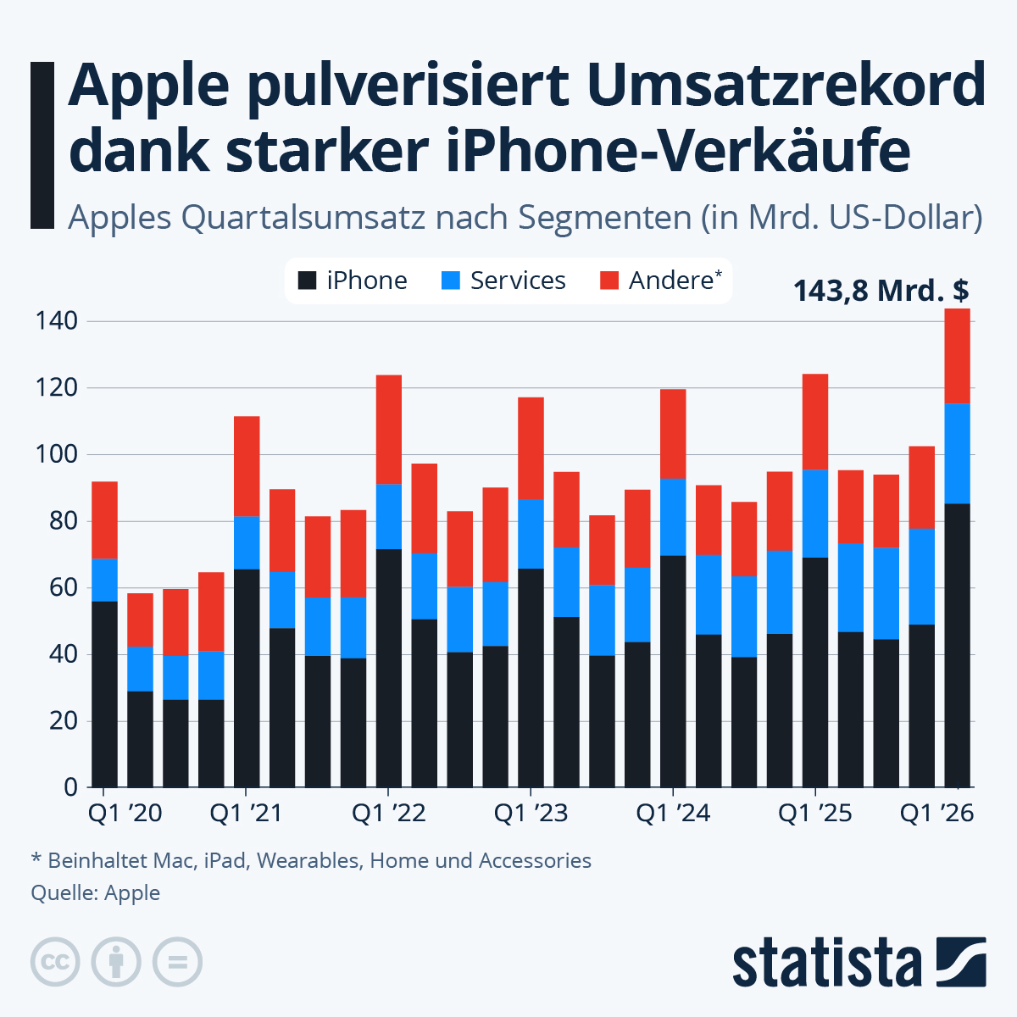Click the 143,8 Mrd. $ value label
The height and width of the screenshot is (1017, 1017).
(881, 291)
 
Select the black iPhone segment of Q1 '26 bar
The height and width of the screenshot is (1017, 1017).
(957, 644)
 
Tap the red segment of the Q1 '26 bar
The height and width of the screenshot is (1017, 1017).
(957, 356)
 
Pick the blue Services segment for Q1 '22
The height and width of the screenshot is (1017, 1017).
(389, 516)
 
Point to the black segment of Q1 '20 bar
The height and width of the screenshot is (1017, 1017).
(104, 693)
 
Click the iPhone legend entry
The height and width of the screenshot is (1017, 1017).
(353, 281)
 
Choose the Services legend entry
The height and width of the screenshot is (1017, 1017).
(503, 281)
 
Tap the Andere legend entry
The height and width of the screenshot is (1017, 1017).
(662, 281)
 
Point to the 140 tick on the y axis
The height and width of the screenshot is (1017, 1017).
(56, 321)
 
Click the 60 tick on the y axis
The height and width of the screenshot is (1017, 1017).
(56, 587)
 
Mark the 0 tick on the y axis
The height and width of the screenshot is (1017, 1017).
(69, 787)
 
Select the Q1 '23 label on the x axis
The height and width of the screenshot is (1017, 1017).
(531, 814)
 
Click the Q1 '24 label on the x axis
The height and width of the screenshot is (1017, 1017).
(673, 814)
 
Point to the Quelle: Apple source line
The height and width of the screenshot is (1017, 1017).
(95, 892)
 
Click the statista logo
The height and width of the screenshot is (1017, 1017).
(859, 962)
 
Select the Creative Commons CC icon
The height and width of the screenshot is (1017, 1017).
(55, 962)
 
